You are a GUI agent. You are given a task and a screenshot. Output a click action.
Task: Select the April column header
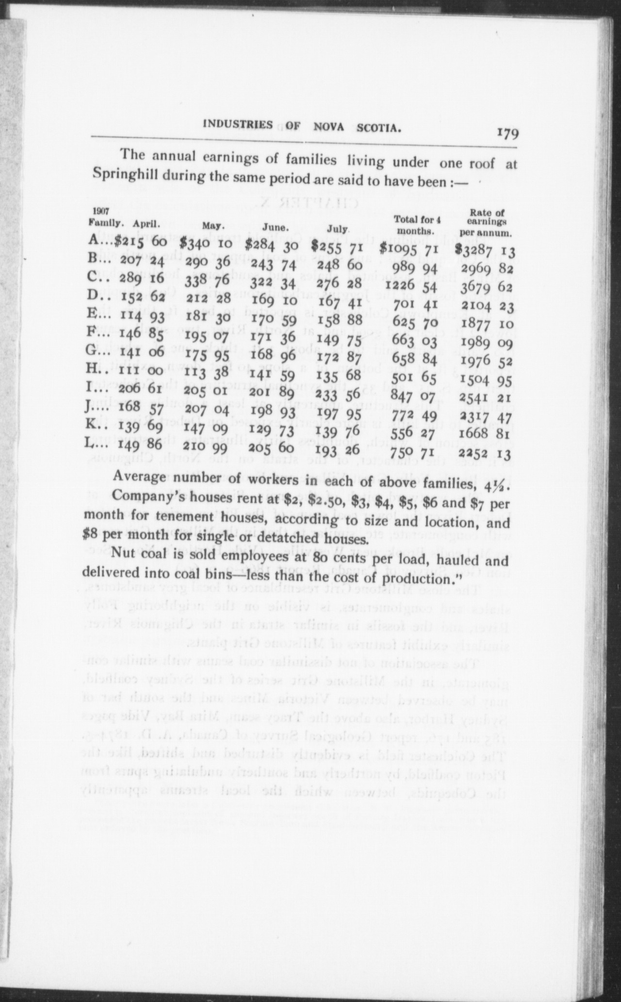pos(147,224)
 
